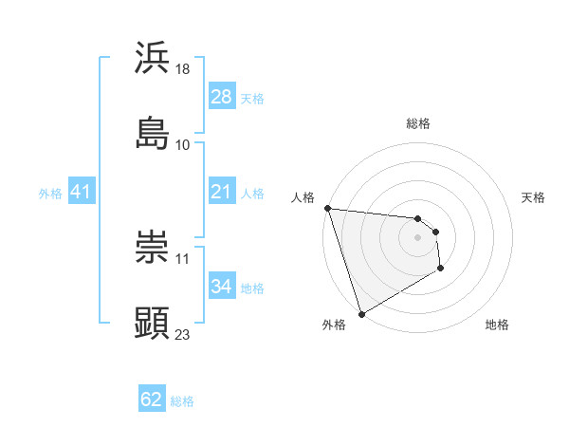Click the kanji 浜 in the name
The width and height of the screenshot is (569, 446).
[153, 58]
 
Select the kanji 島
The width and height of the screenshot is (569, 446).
[153, 133]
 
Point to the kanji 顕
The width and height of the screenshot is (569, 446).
[153, 323]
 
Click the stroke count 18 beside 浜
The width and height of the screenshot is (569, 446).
[183, 69]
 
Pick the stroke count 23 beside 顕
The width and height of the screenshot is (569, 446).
[183, 334]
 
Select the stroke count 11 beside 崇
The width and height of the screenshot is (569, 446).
[183, 258]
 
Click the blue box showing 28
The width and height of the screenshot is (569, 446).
[221, 97]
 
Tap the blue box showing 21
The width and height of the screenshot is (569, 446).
[221, 192]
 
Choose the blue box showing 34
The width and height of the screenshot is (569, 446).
[221, 287]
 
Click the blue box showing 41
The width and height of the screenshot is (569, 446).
[81, 192]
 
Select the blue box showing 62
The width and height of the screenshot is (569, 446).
[152, 400]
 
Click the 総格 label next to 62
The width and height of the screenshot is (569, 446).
[182, 401]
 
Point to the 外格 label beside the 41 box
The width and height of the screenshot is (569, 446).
[50, 193]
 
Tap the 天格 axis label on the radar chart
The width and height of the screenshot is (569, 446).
[533, 197]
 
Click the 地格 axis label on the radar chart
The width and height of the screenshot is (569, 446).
[497, 325]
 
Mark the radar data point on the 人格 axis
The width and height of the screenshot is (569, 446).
[327, 208]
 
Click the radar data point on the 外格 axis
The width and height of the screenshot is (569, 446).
[361, 313]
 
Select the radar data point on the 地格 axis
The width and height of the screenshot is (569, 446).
[441, 269]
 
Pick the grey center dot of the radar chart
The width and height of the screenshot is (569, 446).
[417, 237]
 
